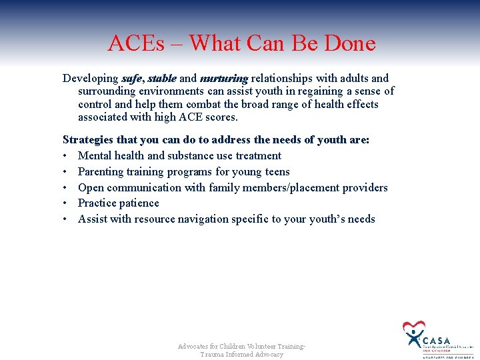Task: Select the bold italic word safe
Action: pyautogui.click(x=132, y=79)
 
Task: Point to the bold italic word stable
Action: pyautogui.click(x=162, y=79)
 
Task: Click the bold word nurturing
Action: pyautogui.click(x=223, y=79)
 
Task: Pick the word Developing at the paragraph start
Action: pyautogui.click(x=90, y=79)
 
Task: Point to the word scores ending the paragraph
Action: pyautogui.click(x=223, y=117)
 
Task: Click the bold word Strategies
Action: pyautogui.click(x=88, y=140)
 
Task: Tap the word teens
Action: pyautogui.click(x=277, y=172)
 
